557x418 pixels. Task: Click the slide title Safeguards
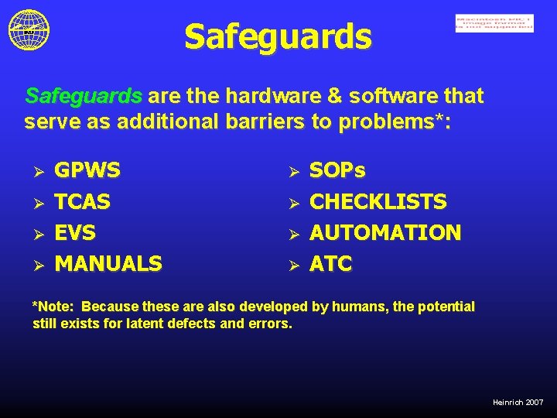pyautogui.click(x=278, y=36)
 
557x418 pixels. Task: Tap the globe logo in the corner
pyautogui.click(x=29, y=29)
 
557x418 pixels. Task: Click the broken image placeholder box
pyautogui.click(x=494, y=24)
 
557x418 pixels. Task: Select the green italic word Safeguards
pyautogui.click(x=84, y=96)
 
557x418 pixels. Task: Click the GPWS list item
pyautogui.click(x=87, y=170)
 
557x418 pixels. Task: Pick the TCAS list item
pyautogui.click(x=83, y=202)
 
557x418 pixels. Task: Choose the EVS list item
pyautogui.click(x=75, y=232)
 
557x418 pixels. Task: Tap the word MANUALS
pyautogui.click(x=108, y=264)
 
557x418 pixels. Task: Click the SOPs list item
pyautogui.click(x=337, y=170)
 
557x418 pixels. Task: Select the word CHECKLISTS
pyautogui.click(x=378, y=202)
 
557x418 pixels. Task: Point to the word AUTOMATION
pyautogui.click(x=384, y=232)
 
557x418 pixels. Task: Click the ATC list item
pyautogui.click(x=330, y=264)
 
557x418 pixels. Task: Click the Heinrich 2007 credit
pyautogui.click(x=518, y=403)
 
